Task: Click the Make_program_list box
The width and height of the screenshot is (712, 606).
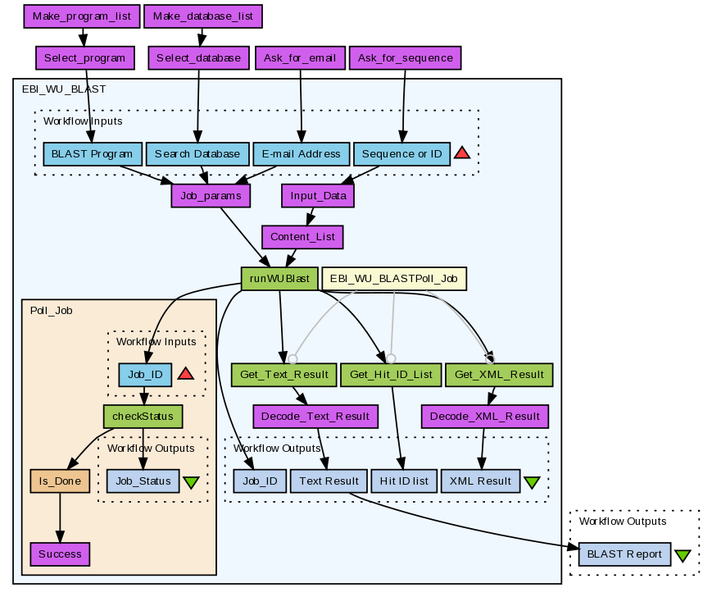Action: pyautogui.click(x=81, y=16)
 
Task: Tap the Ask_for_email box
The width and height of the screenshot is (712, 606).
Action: pyautogui.click(x=301, y=58)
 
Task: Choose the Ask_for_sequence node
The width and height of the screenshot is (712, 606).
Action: pyautogui.click(x=406, y=58)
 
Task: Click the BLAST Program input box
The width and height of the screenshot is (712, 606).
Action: pyautogui.click(x=92, y=153)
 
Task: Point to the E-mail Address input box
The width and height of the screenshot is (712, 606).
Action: pyautogui.click(x=301, y=153)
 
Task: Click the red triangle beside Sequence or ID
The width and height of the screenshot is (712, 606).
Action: pyautogui.click(x=461, y=153)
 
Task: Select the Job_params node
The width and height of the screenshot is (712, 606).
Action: pyautogui.click(x=211, y=196)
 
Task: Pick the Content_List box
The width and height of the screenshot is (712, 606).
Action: pyautogui.click(x=302, y=238)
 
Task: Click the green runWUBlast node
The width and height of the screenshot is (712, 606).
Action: pyautogui.click(x=279, y=278)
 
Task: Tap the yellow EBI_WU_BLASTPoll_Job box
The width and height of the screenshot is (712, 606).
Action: pyautogui.click(x=394, y=278)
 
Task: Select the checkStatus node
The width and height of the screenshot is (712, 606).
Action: pyautogui.click(x=143, y=416)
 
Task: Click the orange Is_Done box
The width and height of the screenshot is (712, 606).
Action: pyautogui.click(x=59, y=481)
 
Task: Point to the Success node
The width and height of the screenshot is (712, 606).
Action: pyautogui.click(x=60, y=554)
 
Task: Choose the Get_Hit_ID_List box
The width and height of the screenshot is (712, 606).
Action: pyautogui.click(x=391, y=374)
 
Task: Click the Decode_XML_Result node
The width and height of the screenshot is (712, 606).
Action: pyautogui.click(x=485, y=416)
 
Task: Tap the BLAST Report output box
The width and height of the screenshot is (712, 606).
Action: pyautogui.click(x=625, y=554)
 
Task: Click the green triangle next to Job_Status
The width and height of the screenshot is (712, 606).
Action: pyautogui.click(x=191, y=482)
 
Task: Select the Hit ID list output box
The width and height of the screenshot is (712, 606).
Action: pyautogui.click(x=403, y=481)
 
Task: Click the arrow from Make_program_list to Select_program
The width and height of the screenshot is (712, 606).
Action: pyautogui.click(x=82, y=37)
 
